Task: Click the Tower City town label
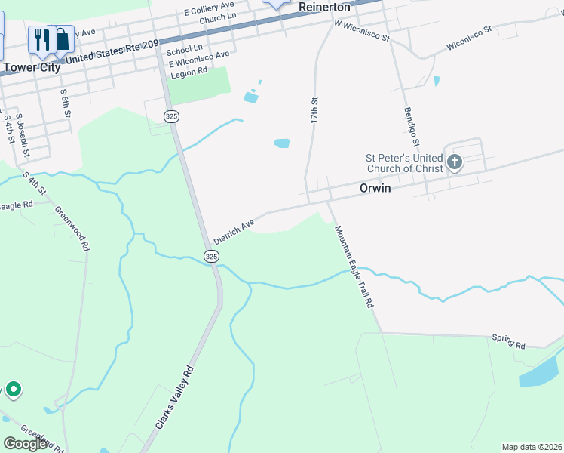31,67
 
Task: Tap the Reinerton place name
325,7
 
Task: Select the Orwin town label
375,188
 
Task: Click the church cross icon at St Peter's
454,162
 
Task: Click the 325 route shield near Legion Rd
172,116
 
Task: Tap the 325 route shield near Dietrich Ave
212,257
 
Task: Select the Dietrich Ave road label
235,232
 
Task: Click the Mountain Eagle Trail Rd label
354,266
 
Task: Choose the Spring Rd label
508,341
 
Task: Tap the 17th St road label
314,111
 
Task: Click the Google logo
26,444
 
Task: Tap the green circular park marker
13,390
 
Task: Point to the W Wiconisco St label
362,30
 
